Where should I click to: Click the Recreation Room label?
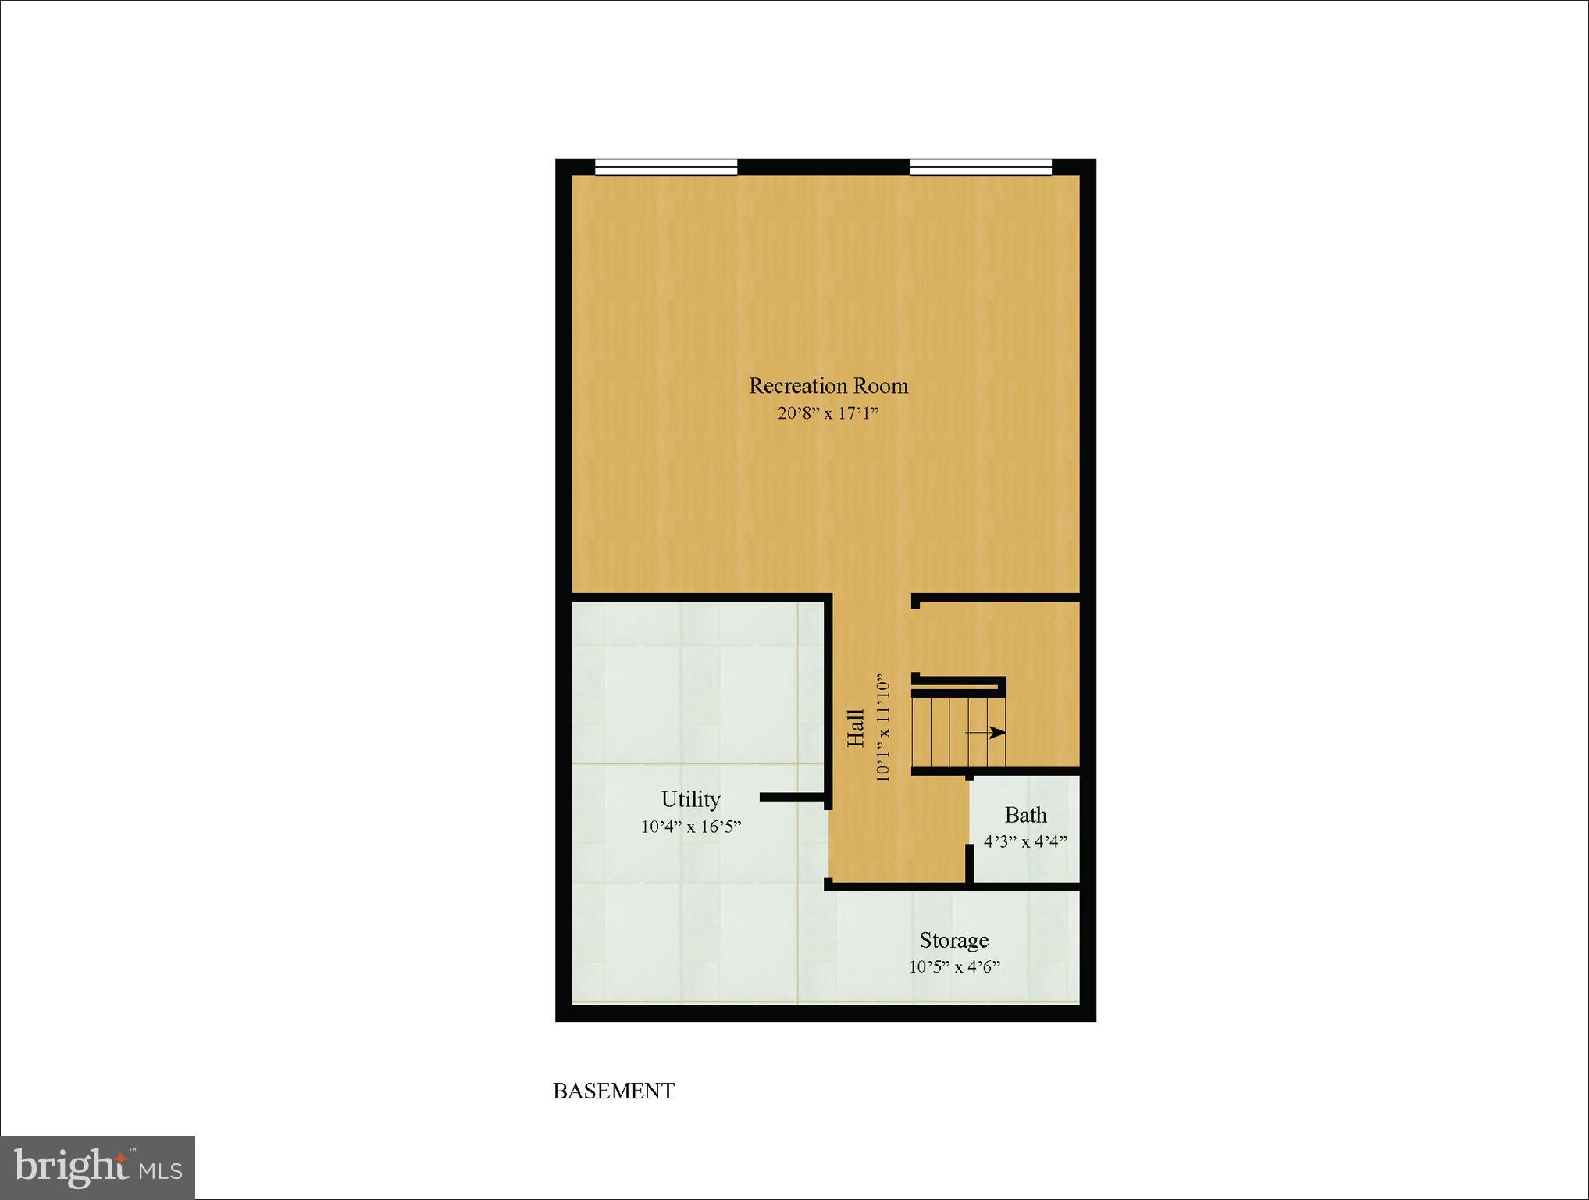point(828,386)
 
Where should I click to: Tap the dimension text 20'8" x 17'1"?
point(828,413)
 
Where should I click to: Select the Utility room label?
point(690,799)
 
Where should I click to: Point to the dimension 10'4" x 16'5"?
point(690,827)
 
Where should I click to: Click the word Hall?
point(857,728)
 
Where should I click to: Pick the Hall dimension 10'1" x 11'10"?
point(882,728)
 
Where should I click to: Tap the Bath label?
point(1025,815)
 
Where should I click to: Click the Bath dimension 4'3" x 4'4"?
point(1025,842)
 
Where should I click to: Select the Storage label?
point(953,940)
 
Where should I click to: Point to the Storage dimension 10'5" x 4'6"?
point(953,967)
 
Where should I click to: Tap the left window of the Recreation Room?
point(666,166)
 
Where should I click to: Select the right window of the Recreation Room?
point(981,166)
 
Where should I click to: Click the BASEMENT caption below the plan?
point(613,1091)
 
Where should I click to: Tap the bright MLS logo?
point(98,1167)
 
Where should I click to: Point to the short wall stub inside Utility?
point(792,798)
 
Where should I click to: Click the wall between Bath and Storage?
point(1025,886)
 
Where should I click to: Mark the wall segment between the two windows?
point(823,166)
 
